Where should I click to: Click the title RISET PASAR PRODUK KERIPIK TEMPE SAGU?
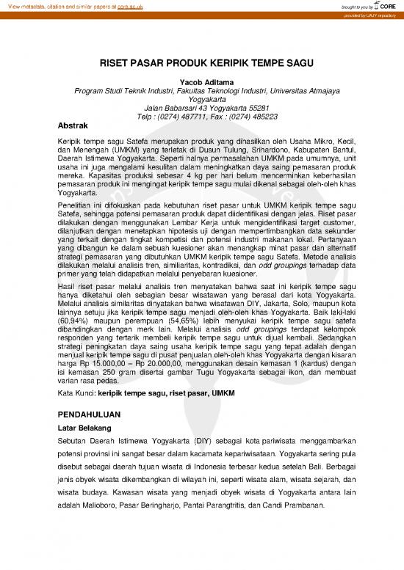(x=202, y=64)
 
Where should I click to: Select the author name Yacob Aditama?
(x=202, y=83)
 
